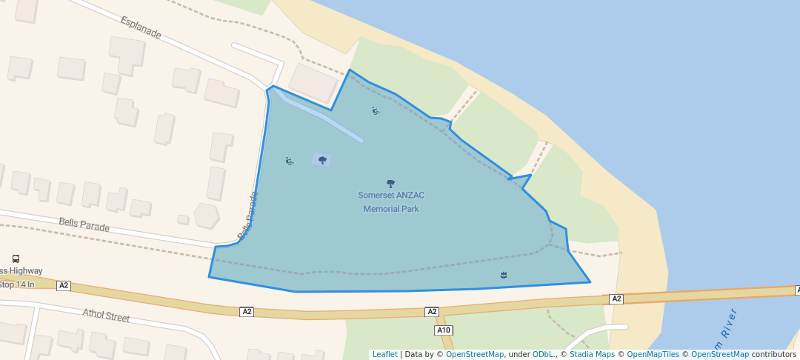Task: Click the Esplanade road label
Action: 140,27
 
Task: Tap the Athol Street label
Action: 106,316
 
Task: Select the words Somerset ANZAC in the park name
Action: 391,196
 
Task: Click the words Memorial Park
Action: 391,209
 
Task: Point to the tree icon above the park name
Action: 391,183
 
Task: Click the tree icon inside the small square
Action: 322,160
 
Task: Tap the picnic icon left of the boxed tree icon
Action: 290,161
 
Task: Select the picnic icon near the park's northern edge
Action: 376,111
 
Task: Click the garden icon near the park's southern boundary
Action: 504,276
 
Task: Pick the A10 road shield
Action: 444,330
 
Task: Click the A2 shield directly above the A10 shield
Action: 432,312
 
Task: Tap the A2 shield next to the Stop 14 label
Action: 64,285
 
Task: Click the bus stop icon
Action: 16,259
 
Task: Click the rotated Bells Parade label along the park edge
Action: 247,216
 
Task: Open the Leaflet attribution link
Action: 384,354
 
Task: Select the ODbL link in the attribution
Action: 544,354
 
